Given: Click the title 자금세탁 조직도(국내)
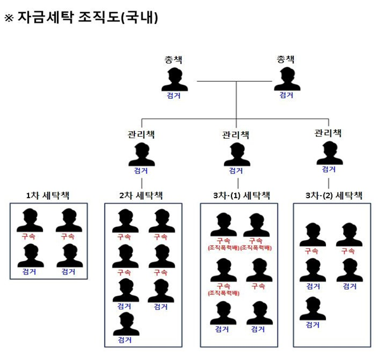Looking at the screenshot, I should (88, 18).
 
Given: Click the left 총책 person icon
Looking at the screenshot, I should (173, 79).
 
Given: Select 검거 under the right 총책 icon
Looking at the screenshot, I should (286, 95).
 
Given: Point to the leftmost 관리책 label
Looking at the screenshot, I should (141, 134).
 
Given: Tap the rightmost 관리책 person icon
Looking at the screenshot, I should (328, 153).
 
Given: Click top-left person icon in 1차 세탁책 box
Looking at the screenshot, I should (29, 220).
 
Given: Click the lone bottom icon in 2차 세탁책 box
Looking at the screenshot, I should (124, 323).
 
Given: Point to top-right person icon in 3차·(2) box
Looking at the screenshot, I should (348, 234).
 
